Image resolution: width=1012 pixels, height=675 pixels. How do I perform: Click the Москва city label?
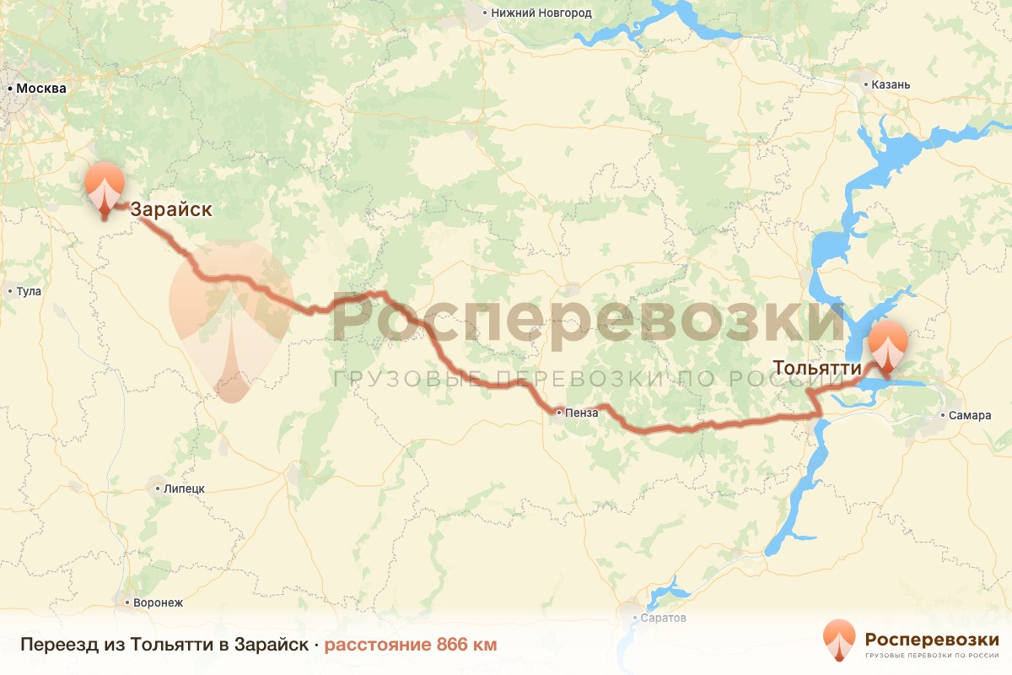[41, 88]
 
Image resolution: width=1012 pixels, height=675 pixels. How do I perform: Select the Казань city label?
[891, 84]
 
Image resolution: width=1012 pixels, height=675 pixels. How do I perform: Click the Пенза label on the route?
[583, 413]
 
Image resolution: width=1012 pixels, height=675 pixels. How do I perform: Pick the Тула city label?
[29, 291]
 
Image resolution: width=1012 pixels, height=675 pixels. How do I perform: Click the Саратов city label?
[664, 618]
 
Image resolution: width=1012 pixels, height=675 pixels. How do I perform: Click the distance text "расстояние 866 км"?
[411, 645]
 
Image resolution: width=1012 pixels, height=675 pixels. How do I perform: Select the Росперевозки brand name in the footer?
[931, 639]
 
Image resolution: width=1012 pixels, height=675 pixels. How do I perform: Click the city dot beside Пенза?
[559, 413]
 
